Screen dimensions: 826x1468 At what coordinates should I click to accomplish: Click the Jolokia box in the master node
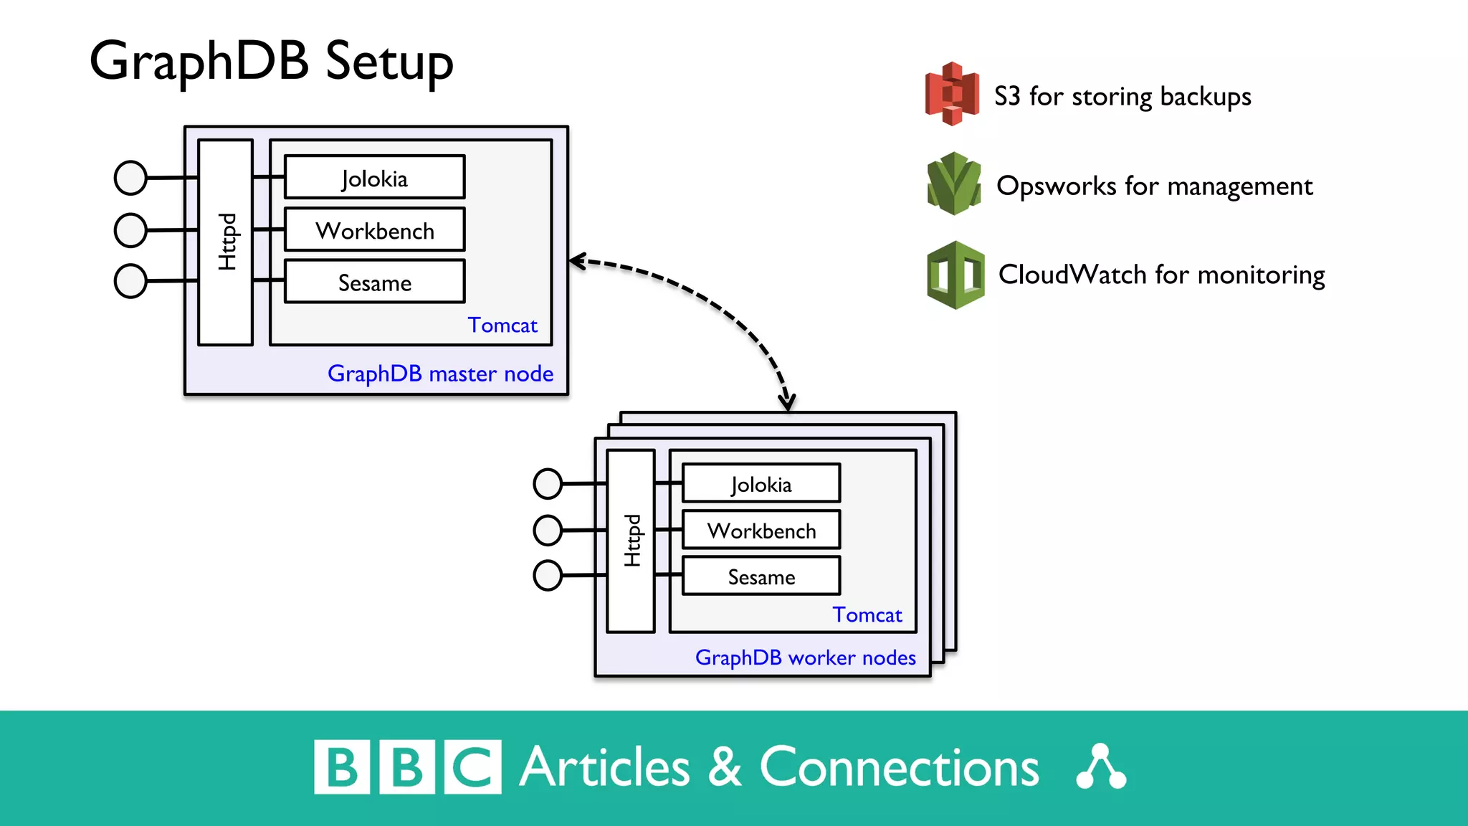tap(374, 177)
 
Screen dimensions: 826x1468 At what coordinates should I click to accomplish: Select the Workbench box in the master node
tap(374, 229)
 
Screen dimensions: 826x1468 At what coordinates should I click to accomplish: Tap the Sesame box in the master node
tap(374, 282)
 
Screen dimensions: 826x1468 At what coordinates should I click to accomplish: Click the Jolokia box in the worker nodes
tap(761, 484)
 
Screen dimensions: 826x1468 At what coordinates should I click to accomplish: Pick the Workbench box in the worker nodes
tap(761, 530)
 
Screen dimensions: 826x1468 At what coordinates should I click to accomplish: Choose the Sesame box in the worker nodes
tap(761, 576)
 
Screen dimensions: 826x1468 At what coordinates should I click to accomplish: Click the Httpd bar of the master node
tap(226, 242)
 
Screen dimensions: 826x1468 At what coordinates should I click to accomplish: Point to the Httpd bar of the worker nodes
tap(631, 541)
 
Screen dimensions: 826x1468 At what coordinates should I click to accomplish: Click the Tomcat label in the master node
tap(502, 325)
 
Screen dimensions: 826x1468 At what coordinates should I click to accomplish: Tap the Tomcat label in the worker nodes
tap(867, 614)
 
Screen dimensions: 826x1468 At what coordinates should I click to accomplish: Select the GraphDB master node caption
tap(440, 374)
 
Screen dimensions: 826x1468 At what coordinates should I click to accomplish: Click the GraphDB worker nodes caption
tap(805, 658)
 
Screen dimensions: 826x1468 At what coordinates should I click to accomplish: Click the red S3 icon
tap(952, 94)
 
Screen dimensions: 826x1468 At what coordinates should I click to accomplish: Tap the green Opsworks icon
tap(953, 184)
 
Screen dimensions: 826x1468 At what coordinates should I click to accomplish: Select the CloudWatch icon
tap(955, 275)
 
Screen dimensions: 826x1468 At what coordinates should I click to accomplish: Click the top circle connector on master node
tap(130, 178)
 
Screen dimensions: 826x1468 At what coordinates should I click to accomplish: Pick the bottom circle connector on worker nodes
tap(548, 576)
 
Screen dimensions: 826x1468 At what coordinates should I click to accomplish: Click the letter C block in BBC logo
tap(472, 767)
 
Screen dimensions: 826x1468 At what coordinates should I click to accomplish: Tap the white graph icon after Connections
tap(1101, 767)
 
